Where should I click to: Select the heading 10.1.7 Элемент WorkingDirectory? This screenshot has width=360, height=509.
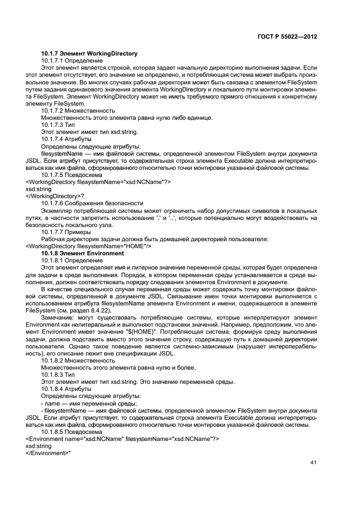[89, 53]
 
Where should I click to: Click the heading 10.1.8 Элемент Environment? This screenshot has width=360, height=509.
[83, 254]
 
